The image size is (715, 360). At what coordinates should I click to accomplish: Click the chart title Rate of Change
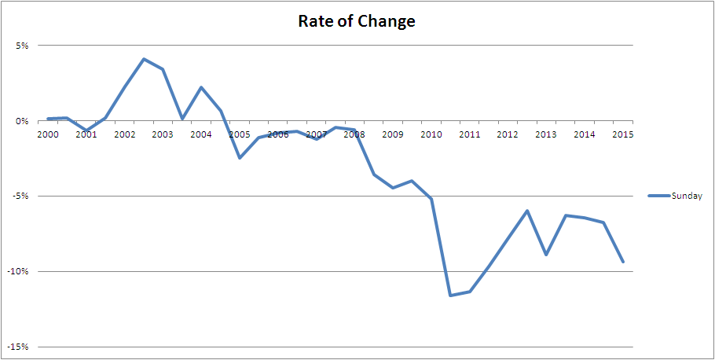357,21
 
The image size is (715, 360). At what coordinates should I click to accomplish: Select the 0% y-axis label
22,121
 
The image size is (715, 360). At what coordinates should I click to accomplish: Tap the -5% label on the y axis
20,197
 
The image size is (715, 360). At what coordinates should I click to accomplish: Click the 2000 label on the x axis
48,134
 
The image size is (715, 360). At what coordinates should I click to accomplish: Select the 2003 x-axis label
163,134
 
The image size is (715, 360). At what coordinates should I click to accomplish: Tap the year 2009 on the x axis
392,134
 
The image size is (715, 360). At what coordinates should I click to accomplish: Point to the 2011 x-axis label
469,134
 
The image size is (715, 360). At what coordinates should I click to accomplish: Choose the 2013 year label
546,134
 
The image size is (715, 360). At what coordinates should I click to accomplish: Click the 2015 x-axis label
622,134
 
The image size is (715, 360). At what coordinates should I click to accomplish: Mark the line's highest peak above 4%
144,59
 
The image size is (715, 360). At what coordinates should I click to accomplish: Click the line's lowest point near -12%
450,296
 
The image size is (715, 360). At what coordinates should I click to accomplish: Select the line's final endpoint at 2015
623,262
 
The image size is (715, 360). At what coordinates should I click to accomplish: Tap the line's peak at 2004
201,87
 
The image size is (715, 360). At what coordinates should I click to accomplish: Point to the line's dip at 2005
240,158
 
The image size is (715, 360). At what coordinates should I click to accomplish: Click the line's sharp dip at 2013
546,255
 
